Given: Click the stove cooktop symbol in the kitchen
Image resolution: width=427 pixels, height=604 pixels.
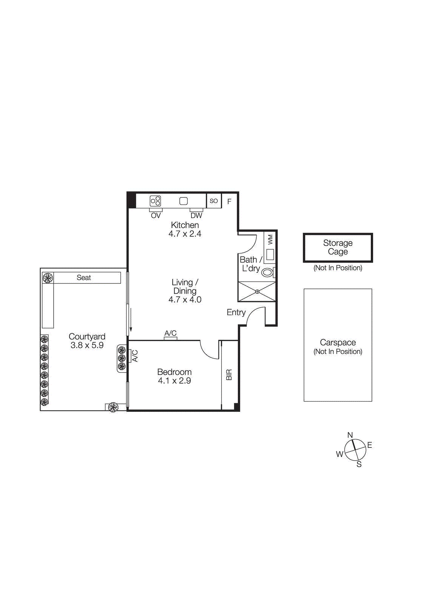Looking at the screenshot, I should pyautogui.click(x=156, y=201).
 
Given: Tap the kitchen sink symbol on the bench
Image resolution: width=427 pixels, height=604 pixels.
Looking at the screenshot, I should pyautogui.click(x=183, y=201).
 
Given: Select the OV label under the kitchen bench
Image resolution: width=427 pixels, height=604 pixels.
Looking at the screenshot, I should pyautogui.click(x=156, y=216).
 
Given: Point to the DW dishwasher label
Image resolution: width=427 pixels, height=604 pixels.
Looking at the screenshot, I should pyautogui.click(x=196, y=216).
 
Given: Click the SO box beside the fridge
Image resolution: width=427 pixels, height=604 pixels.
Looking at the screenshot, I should pyautogui.click(x=214, y=201).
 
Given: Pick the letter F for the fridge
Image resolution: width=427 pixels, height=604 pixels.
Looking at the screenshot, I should pyautogui.click(x=229, y=202).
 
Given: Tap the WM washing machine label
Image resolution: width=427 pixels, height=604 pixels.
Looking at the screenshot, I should pyautogui.click(x=270, y=239).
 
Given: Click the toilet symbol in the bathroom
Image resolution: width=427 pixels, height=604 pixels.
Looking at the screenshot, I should pyautogui.click(x=267, y=272).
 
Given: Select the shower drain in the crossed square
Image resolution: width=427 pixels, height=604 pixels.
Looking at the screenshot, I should pyautogui.click(x=257, y=291).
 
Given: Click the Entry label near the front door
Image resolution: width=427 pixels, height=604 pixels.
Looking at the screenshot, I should pyautogui.click(x=236, y=313).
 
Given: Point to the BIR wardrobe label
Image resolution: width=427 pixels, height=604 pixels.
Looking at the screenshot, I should pyautogui.click(x=229, y=375).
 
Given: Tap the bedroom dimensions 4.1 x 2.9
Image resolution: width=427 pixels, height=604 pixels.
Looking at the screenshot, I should pyautogui.click(x=174, y=381).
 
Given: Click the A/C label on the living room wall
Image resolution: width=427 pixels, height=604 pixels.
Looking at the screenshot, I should pyautogui.click(x=170, y=333).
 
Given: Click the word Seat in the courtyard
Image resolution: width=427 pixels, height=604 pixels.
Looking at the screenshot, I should pyautogui.click(x=83, y=278).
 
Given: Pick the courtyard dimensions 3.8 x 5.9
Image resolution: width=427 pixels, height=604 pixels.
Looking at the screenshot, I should pyautogui.click(x=87, y=345).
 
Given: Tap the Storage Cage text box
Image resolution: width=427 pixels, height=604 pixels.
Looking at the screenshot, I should pyautogui.click(x=338, y=248).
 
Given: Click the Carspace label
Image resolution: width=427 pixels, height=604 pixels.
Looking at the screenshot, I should pyautogui.click(x=338, y=342).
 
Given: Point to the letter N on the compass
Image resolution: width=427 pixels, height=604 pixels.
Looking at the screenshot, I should pyautogui.click(x=350, y=435).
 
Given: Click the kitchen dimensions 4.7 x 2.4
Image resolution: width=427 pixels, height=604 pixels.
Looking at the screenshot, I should pyautogui.click(x=185, y=234).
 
